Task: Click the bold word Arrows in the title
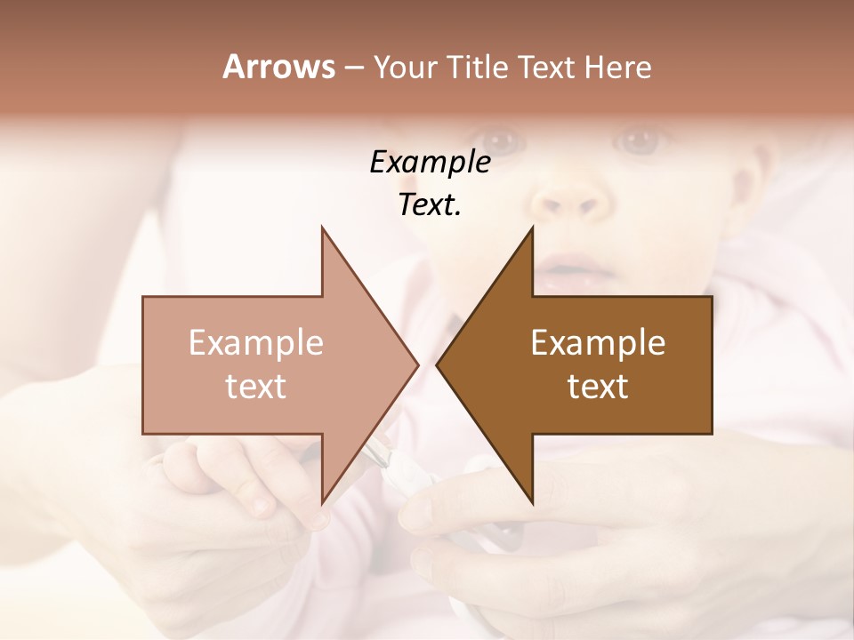pyautogui.click(x=278, y=67)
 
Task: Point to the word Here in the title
pyautogui.click(x=618, y=67)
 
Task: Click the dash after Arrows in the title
pyautogui.click(x=353, y=68)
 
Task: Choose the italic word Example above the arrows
pyautogui.click(x=430, y=162)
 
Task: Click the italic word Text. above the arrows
pyautogui.click(x=430, y=204)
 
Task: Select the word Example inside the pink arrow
pyautogui.click(x=256, y=343)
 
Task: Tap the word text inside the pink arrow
pyautogui.click(x=256, y=387)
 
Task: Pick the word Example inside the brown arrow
pyautogui.click(x=598, y=343)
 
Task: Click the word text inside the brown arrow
pyautogui.click(x=598, y=387)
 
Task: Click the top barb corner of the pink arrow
pyautogui.click(x=322, y=228)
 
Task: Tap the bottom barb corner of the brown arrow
pyautogui.click(x=532, y=502)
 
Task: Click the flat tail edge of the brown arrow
pyautogui.click(x=712, y=364)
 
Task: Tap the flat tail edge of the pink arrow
pyautogui.click(x=143, y=364)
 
